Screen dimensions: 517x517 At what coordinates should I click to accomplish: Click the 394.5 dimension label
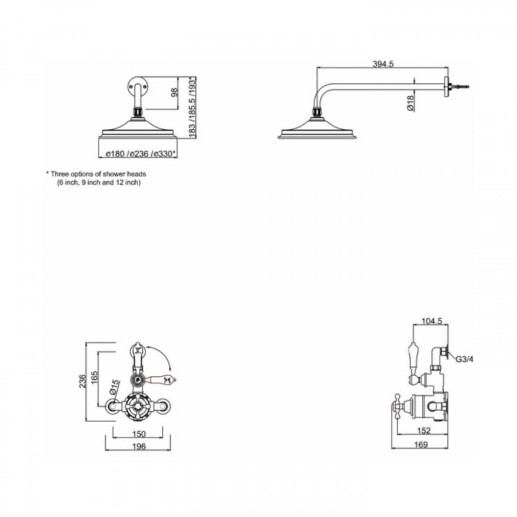[382, 64]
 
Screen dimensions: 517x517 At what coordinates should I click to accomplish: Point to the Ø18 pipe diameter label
[411, 102]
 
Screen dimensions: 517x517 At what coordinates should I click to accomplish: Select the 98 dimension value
[174, 92]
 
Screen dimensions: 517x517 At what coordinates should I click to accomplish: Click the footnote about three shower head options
[96, 178]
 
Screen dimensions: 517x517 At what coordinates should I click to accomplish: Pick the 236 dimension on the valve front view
[82, 381]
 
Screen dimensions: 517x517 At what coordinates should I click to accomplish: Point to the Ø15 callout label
[114, 387]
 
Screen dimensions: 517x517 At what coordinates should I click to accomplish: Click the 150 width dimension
[138, 434]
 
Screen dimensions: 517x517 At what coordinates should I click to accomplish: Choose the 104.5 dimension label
[431, 321]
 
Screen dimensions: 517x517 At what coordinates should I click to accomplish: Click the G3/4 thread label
[464, 359]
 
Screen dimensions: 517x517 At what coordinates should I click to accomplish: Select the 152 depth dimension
[424, 431]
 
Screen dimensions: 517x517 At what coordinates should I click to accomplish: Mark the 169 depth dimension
[420, 445]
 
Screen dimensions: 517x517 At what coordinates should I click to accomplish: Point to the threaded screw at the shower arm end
[461, 87]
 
